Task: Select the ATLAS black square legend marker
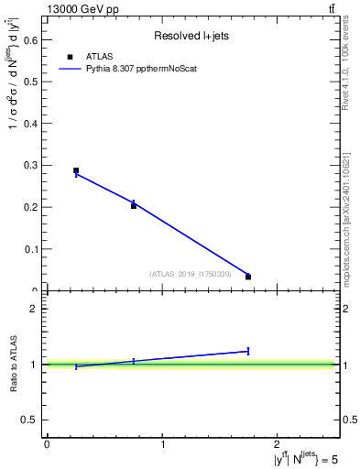[x=70, y=57]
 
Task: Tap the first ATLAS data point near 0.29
[x=76, y=170]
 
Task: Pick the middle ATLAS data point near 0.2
[x=134, y=206]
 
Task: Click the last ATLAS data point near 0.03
[x=248, y=277]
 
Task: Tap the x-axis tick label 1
[x=163, y=445]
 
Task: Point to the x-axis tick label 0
[x=47, y=445]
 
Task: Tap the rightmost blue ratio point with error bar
[x=248, y=351]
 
